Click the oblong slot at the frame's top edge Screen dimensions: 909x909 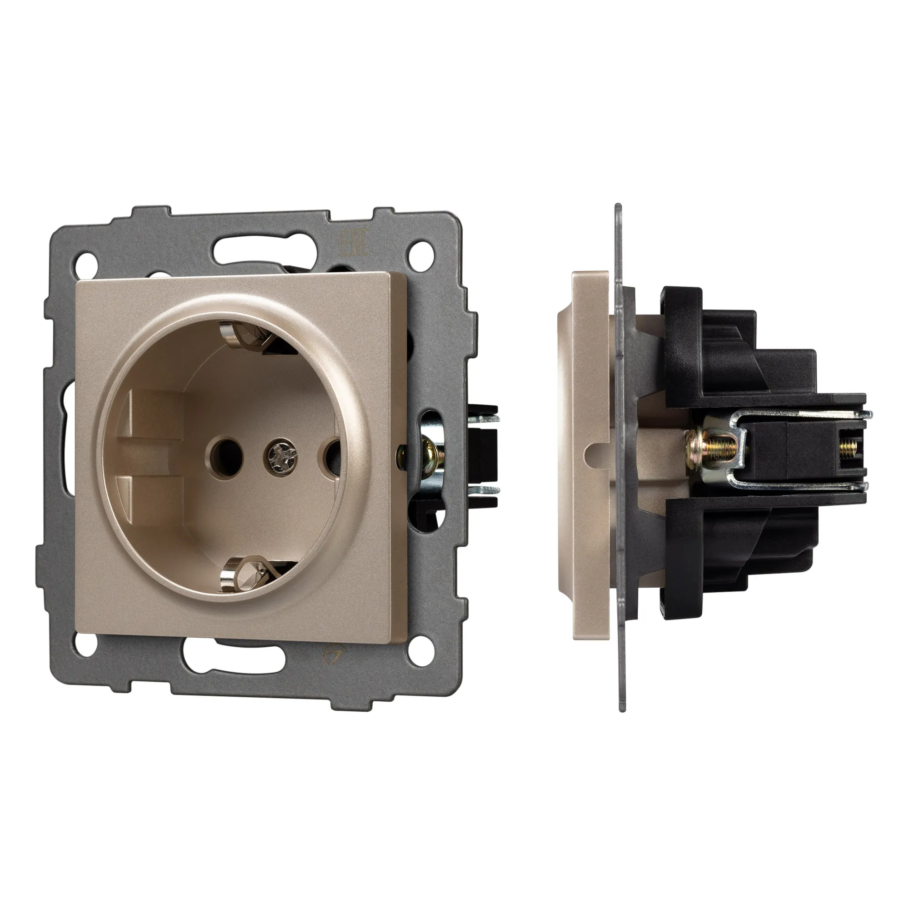pyautogui.click(x=244, y=248)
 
